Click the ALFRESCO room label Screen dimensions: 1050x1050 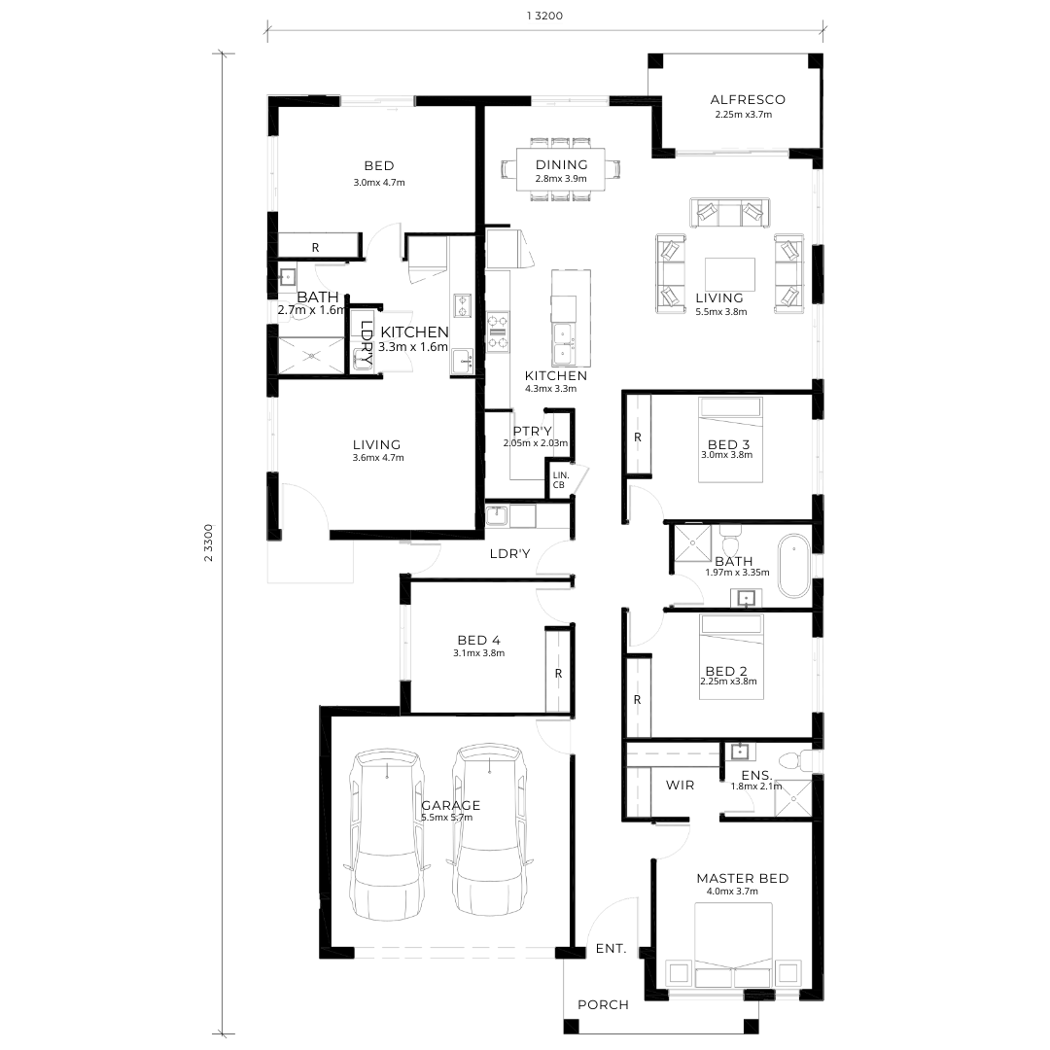(748, 100)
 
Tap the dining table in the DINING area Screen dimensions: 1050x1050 (561, 170)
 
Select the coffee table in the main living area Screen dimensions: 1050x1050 (730, 274)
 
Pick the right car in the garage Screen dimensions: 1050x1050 (489, 830)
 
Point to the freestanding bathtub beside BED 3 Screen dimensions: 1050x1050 (794, 566)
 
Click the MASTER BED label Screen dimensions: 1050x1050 (742, 879)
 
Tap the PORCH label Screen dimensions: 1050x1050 (603, 1004)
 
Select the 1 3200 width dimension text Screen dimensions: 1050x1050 (544, 17)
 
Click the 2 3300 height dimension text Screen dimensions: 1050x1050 (208, 542)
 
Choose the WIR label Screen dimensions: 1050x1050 (680, 785)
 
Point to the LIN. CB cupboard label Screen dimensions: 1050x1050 (561, 480)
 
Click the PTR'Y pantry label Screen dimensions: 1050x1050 (533, 432)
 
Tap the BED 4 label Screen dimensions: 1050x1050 (478, 641)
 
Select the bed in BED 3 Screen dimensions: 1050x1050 (730, 439)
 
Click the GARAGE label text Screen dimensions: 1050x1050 (451, 806)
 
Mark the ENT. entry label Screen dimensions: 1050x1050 (611, 949)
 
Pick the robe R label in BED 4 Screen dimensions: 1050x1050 (558, 674)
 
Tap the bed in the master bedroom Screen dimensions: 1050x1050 (733, 945)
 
